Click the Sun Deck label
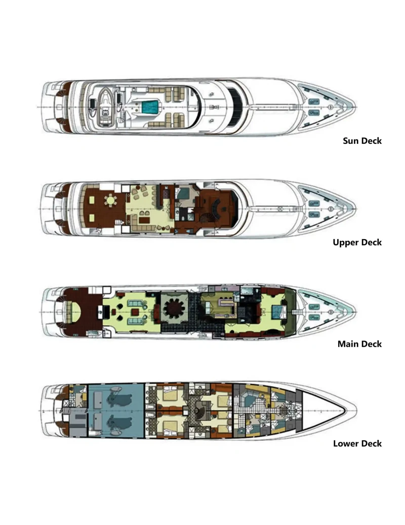[x=362, y=141]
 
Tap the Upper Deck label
[x=357, y=242]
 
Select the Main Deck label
[x=359, y=344]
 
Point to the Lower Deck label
[x=357, y=443]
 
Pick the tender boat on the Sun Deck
[x=106, y=107]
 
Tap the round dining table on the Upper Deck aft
[x=110, y=201]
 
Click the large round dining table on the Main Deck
[x=174, y=309]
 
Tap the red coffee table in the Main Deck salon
[x=135, y=312]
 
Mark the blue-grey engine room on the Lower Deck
[x=116, y=410]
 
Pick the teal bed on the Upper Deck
[x=183, y=194]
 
